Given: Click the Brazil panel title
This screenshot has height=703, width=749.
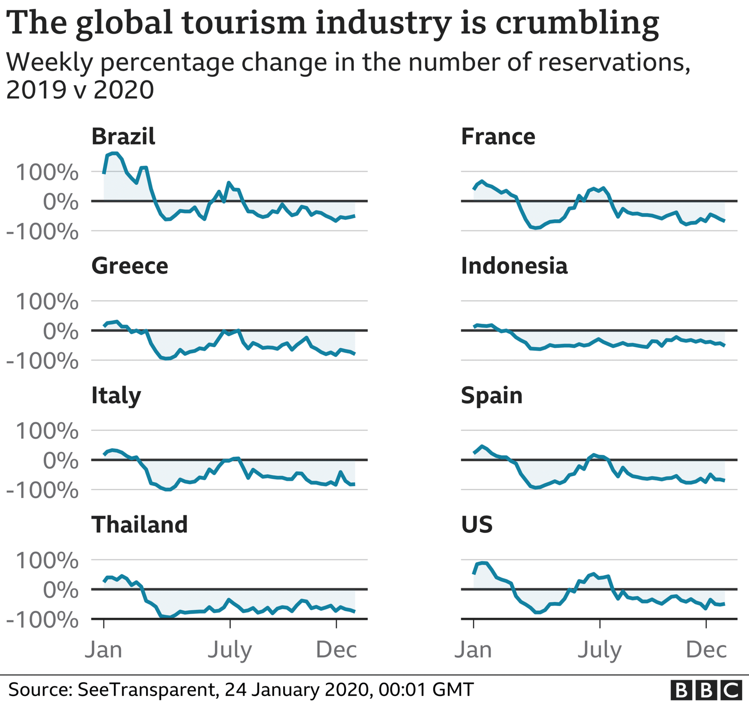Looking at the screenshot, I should [123, 137].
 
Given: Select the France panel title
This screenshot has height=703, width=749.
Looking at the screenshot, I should [498, 137].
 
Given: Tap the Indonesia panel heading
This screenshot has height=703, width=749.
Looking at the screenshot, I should [514, 266].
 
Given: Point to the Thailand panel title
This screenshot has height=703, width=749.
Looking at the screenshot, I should [140, 525].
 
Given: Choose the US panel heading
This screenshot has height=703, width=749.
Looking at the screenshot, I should [477, 525].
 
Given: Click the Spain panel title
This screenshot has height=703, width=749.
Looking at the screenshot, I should [492, 395].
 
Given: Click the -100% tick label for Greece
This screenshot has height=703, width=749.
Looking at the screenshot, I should [42, 361].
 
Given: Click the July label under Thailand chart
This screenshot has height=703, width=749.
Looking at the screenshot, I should [229, 650].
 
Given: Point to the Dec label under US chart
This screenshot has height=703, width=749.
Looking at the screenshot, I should [706, 650].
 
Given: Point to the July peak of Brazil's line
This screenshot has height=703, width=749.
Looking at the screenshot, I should [228, 183].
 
